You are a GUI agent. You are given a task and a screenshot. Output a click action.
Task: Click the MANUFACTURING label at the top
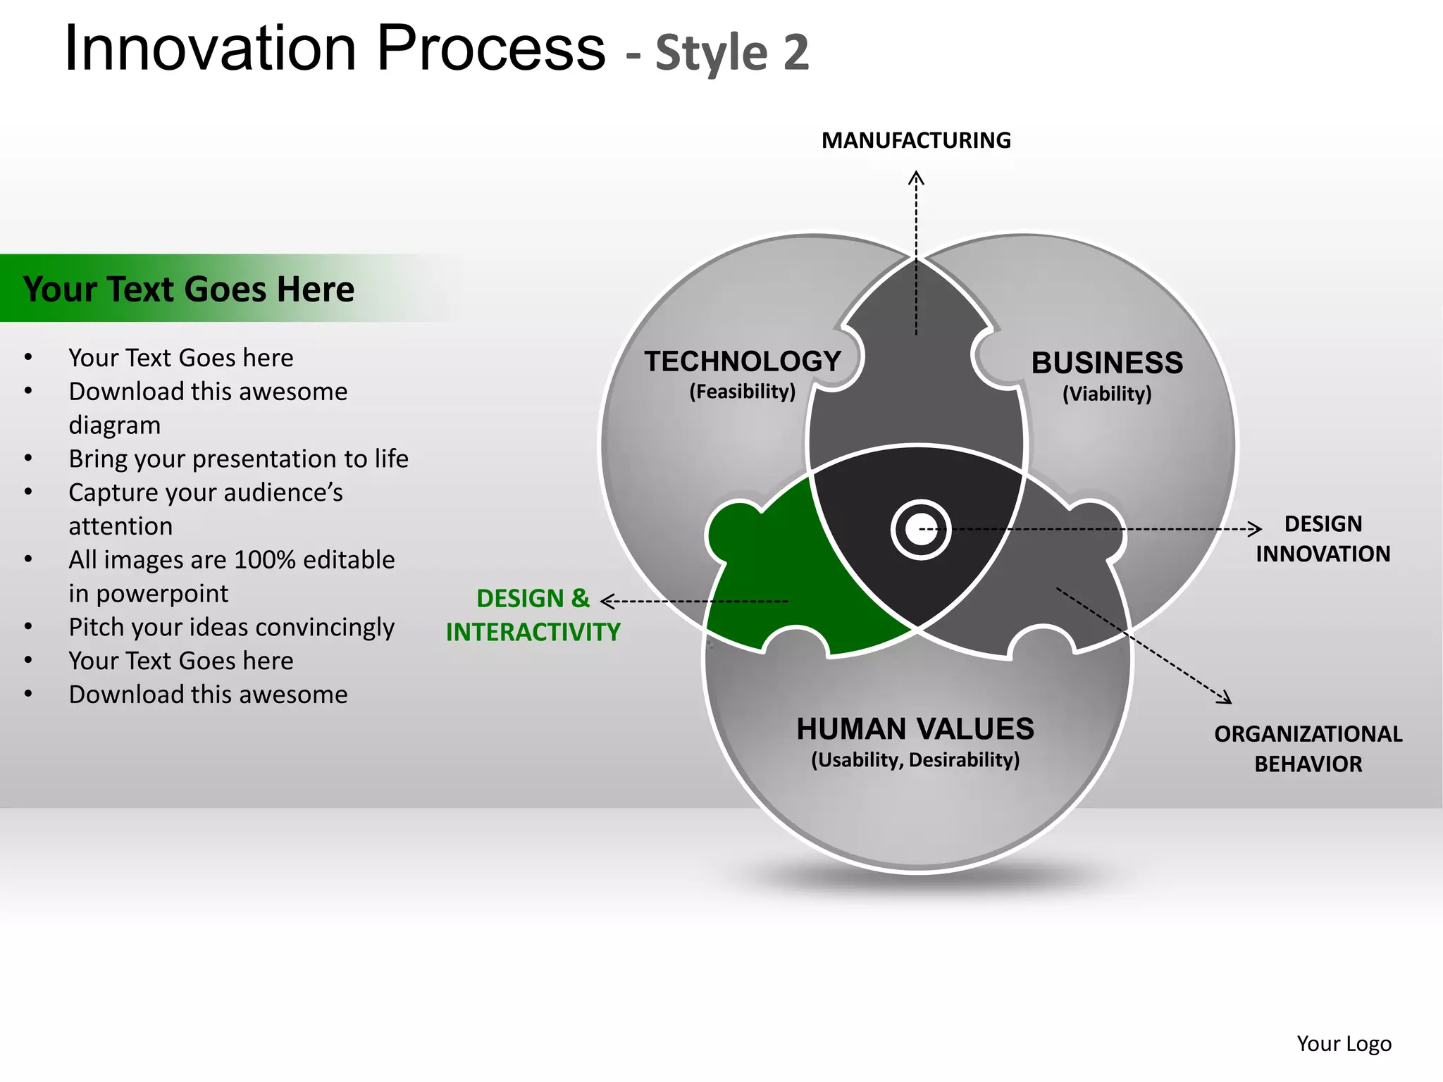pyautogui.click(x=916, y=140)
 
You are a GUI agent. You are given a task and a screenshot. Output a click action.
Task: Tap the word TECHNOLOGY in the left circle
pyautogui.click(x=743, y=361)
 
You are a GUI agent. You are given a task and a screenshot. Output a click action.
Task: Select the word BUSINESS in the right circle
pyautogui.click(x=1107, y=363)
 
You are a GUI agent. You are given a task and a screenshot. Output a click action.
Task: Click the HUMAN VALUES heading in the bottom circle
pyautogui.click(x=915, y=728)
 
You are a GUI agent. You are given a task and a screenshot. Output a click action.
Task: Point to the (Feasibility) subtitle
pyautogui.click(x=743, y=392)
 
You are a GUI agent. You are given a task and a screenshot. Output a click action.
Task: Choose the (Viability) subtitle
pyautogui.click(x=1107, y=394)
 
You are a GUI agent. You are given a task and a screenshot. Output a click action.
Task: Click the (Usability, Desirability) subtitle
pyautogui.click(x=915, y=760)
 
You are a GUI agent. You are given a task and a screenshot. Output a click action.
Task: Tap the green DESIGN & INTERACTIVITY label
pyautogui.click(x=533, y=615)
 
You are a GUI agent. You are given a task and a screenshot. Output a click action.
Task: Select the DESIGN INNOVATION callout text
pyautogui.click(x=1323, y=539)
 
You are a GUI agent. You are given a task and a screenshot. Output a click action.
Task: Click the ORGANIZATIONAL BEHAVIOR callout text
pyautogui.click(x=1308, y=749)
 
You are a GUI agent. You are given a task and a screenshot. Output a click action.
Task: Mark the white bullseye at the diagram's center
pyautogui.click(x=920, y=530)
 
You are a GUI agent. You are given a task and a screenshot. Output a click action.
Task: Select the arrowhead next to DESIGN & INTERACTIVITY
pyautogui.click(x=607, y=601)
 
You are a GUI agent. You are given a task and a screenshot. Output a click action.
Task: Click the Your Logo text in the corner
pyautogui.click(x=1344, y=1043)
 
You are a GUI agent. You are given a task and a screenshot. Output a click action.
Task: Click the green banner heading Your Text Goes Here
pyautogui.click(x=189, y=289)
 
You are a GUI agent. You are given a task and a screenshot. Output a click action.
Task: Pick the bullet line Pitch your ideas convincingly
pyautogui.click(x=231, y=627)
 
